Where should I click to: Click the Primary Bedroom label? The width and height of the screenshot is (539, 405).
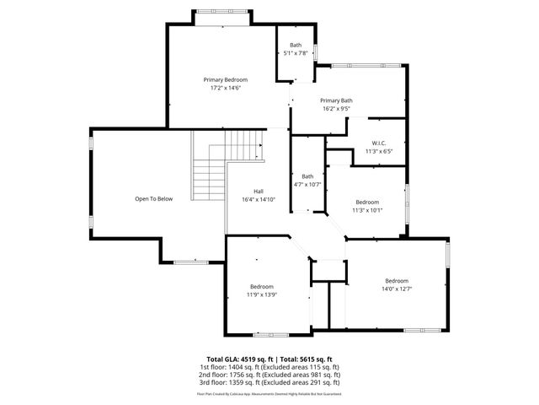point(225,79)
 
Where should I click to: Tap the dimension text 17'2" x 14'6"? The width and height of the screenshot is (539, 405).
point(225,88)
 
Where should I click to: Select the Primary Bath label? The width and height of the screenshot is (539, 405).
point(336,100)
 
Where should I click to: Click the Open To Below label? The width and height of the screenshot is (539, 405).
point(153,199)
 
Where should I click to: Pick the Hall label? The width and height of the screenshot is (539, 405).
point(259,191)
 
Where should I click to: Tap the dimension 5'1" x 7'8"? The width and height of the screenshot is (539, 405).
point(296,53)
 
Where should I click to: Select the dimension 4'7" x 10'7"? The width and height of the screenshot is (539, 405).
point(307,184)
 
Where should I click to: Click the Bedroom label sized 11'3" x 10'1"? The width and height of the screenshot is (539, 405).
point(367,202)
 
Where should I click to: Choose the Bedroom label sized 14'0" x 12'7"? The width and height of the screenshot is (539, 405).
point(397,280)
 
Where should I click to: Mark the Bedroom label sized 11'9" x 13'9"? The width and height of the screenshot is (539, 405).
point(262,286)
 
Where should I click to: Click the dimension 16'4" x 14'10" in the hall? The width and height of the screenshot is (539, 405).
point(259,199)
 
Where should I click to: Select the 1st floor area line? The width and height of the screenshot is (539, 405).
point(269,367)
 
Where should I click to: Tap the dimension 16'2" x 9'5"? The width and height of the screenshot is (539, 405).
point(336,108)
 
